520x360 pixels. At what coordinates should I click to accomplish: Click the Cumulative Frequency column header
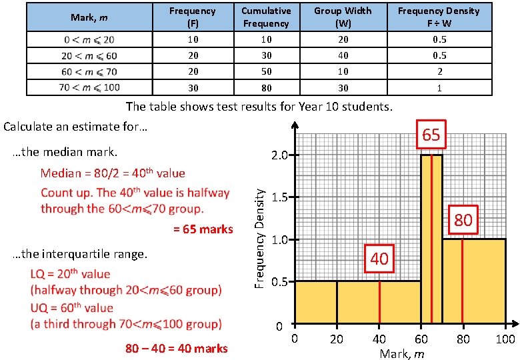coord(266,17)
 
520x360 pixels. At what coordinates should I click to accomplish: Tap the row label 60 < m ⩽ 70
coord(89,71)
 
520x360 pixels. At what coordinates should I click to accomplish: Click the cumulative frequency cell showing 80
coord(266,88)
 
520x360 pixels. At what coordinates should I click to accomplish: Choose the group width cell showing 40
coord(343,55)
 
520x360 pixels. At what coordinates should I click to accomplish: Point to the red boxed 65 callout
coord(431,135)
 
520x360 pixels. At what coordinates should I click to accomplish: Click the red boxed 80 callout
coord(463,220)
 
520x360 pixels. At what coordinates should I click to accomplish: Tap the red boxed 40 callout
coord(379,258)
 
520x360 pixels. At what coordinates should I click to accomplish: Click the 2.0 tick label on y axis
coord(279,155)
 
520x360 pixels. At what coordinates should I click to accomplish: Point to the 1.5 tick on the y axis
coord(279,197)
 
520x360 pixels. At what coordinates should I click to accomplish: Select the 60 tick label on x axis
coord(421,339)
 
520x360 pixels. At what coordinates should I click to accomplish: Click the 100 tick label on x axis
coord(505,339)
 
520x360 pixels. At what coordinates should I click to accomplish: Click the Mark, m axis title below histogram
coord(401,353)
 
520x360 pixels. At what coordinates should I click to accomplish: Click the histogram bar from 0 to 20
coord(315,303)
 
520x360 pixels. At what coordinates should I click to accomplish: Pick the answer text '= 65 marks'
coord(203,229)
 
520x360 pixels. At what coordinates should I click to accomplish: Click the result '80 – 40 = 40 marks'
coord(177,348)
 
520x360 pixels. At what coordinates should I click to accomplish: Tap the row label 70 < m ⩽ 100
coord(89,88)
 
